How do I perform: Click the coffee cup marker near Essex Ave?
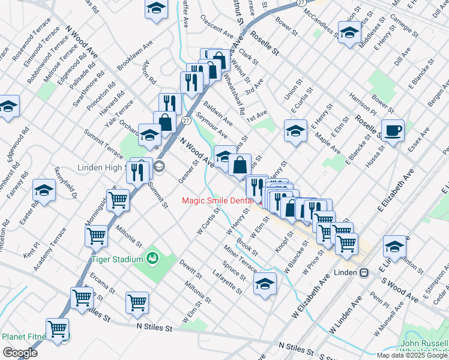[393, 130]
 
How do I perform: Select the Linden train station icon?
[364, 272]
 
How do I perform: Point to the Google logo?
[19, 353]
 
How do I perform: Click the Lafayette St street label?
[228, 282]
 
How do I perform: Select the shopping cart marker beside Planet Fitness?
[57, 329]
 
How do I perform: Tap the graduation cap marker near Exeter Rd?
[44, 190]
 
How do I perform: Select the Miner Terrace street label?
[240, 258]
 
